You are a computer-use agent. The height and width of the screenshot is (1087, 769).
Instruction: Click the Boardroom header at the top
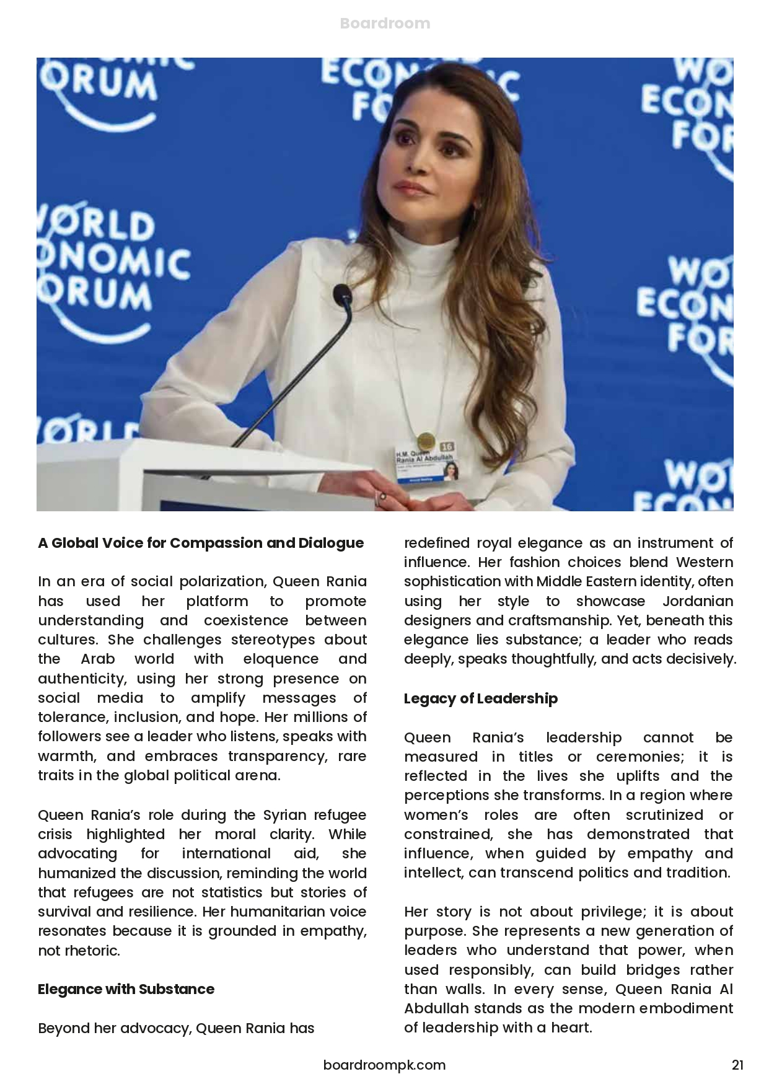coord(385,24)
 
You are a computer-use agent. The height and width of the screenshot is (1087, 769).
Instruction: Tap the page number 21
coord(737,1065)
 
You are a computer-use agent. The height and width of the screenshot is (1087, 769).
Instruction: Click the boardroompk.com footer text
coord(384,1065)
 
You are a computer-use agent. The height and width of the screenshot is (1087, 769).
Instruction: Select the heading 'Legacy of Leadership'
coord(480,698)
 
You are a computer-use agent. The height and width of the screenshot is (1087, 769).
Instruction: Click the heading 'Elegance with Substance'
coord(126,989)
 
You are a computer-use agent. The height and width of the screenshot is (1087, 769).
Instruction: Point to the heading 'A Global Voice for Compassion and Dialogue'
coord(201,543)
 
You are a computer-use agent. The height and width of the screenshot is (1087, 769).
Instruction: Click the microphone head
coord(342,295)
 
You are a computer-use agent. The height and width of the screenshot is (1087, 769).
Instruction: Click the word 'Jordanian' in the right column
coord(698,601)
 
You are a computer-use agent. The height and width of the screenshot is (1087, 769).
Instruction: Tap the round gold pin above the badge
coord(425,441)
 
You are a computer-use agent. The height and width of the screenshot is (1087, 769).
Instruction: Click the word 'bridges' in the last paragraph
coord(651,970)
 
